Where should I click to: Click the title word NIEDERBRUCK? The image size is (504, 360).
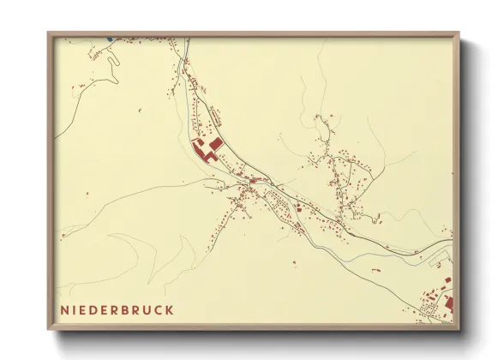click(x=117, y=309)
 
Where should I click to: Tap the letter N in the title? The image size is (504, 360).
click(x=64, y=309)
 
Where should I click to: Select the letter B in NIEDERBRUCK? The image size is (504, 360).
click(x=128, y=309)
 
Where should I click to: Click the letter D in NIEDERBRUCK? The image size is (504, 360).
click(x=95, y=309)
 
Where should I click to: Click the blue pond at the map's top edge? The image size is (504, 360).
click(x=110, y=38)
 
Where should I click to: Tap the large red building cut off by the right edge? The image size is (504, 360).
click(x=448, y=302)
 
